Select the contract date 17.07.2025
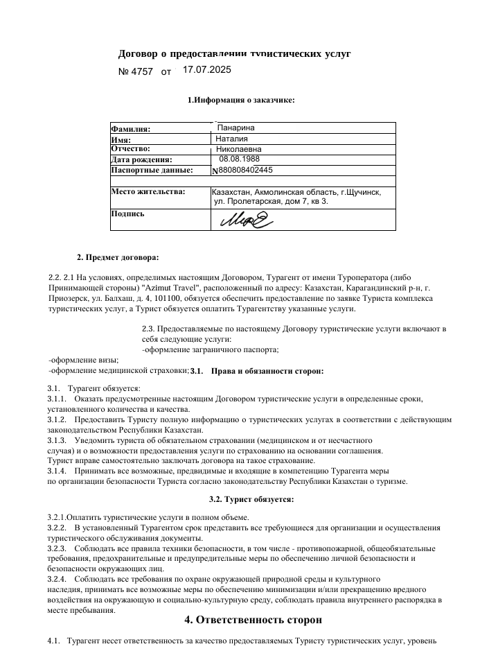coord(206,70)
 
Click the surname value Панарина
coord(235,128)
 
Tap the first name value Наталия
coord(232,139)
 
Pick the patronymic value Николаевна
coord(239,149)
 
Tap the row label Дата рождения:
coord(141,160)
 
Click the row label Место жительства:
coord(148,191)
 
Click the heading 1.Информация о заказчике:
coord(241,101)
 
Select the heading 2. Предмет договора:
coord(117,258)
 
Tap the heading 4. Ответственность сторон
coord(253,619)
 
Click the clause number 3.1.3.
coord(57,441)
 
